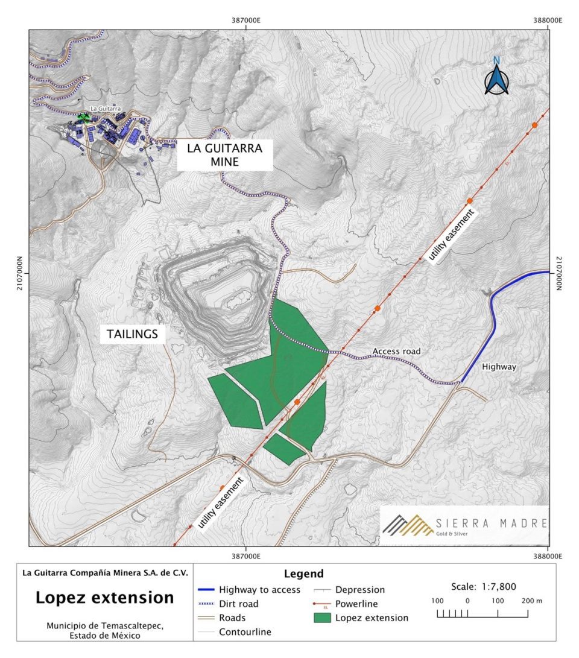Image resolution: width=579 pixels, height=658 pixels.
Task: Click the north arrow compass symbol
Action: (x=496, y=77)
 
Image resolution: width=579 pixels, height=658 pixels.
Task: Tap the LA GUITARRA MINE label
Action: (x=225, y=154)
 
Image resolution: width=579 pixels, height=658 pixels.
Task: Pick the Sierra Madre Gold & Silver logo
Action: (x=464, y=525)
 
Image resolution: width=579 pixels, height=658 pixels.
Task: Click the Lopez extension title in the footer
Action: (x=105, y=598)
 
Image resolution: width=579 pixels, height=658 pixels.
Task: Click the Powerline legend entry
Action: (x=360, y=604)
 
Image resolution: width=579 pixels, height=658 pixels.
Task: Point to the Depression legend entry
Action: (x=359, y=589)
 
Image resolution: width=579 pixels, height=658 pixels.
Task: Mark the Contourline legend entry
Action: (x=245, y=632)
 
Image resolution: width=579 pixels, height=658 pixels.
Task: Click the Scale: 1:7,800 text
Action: (x=484, y=586)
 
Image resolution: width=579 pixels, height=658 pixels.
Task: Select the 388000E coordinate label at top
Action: (x=548, y=20)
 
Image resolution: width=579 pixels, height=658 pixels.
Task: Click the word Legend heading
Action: (x=303, y=574)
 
